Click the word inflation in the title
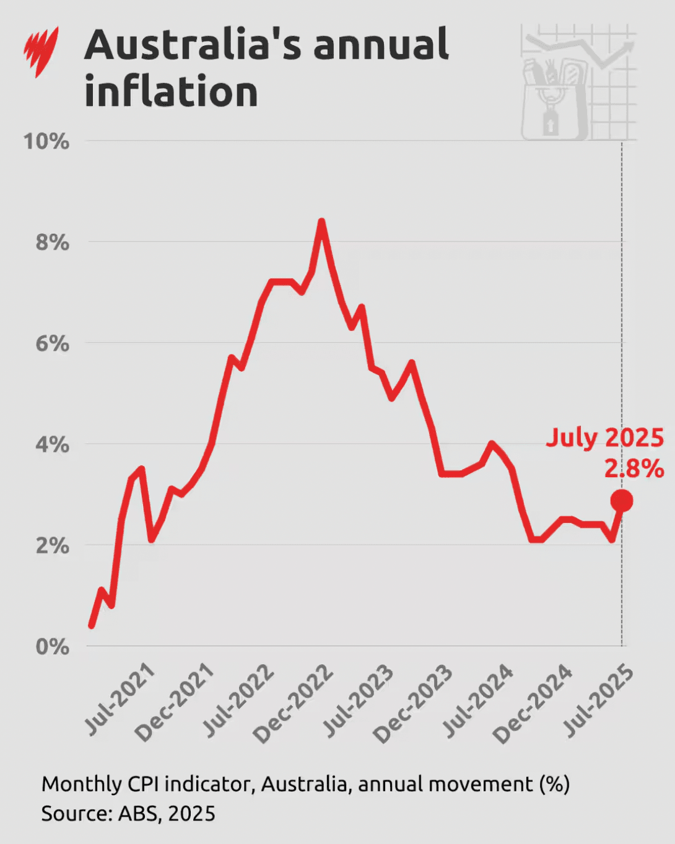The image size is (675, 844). point(171,92)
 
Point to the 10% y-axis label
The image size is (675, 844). point(46,141)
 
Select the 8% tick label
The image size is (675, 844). point(52,242)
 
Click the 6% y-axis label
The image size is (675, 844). point(52,343)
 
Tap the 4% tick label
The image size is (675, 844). point(52,444)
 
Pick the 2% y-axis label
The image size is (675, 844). point(52,545)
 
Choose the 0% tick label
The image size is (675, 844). point(52,646)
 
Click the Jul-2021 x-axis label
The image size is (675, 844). point(120,698)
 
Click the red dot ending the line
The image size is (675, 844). point(622,500)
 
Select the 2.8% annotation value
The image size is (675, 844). point(634,468)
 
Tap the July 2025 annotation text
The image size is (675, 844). point(604,437)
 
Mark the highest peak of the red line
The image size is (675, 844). point(321,221)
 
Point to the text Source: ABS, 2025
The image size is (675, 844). point(128,813)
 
